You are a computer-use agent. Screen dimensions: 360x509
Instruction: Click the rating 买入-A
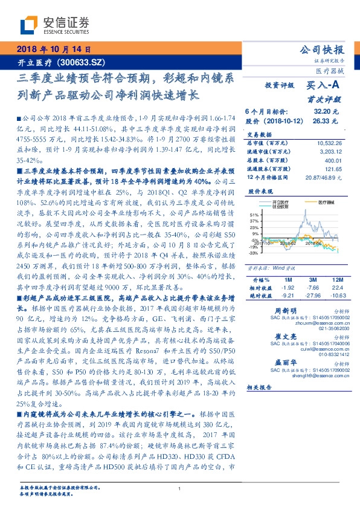point(324,87)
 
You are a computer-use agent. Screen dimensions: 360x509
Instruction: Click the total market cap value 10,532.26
point(329,141)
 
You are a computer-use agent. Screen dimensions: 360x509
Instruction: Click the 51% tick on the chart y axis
point(254,214)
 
